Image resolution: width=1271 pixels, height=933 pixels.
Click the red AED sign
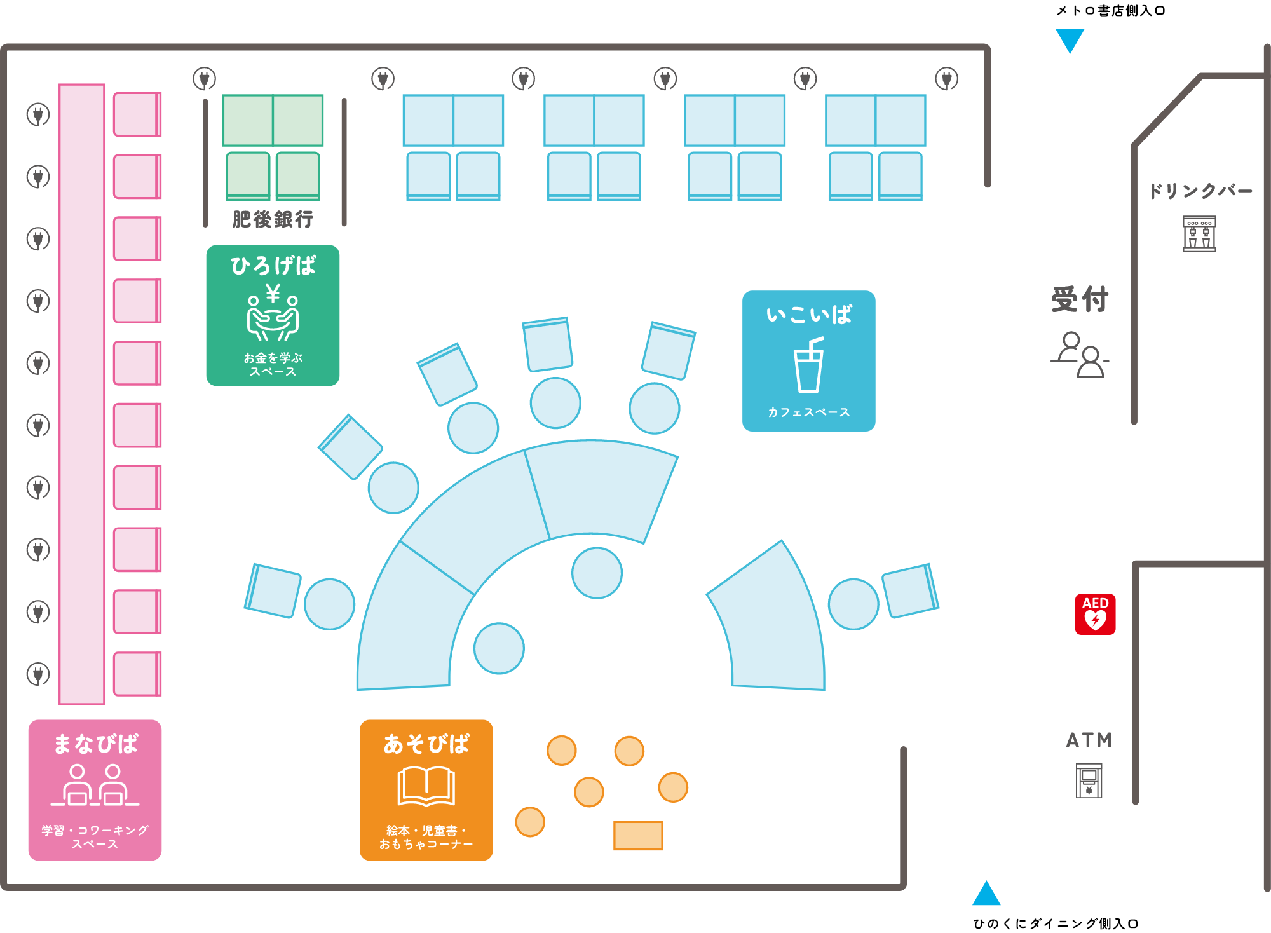click(x=1095, y=614)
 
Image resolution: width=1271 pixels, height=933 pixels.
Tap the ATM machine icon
click(x=1089, y=780)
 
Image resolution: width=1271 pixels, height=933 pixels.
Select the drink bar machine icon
click(x=1199, y=233)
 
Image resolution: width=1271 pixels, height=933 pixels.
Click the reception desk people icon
click(x=1080, y=355)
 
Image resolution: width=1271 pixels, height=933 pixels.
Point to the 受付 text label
click(x=1080, y=299)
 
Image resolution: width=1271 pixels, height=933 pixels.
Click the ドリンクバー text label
click(x=1200, y=191)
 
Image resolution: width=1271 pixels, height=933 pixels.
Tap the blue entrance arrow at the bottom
click(x=986, y=894)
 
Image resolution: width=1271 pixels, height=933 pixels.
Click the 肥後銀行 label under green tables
click(x=273, y=219)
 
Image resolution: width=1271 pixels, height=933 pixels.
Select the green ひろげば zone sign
click(x=273, y=315)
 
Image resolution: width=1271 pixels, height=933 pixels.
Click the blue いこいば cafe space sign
click(x=808, y=361)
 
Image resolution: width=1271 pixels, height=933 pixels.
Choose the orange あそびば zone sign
click(x=426, y=790)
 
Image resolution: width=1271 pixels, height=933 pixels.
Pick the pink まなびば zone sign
click(x=95, y=790)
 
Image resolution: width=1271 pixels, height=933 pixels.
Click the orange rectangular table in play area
click(x=638, y=835)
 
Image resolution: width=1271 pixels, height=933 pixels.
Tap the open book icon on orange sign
click(x=426, y=787)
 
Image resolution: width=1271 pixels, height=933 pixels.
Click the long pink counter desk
click(x=82, y=394)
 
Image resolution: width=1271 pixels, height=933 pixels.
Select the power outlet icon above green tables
click(x=205, y=79)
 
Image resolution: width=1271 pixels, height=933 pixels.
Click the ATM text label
click(x=1089, y=740)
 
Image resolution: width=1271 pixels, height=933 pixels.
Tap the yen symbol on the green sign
click(x=273, y=293)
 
